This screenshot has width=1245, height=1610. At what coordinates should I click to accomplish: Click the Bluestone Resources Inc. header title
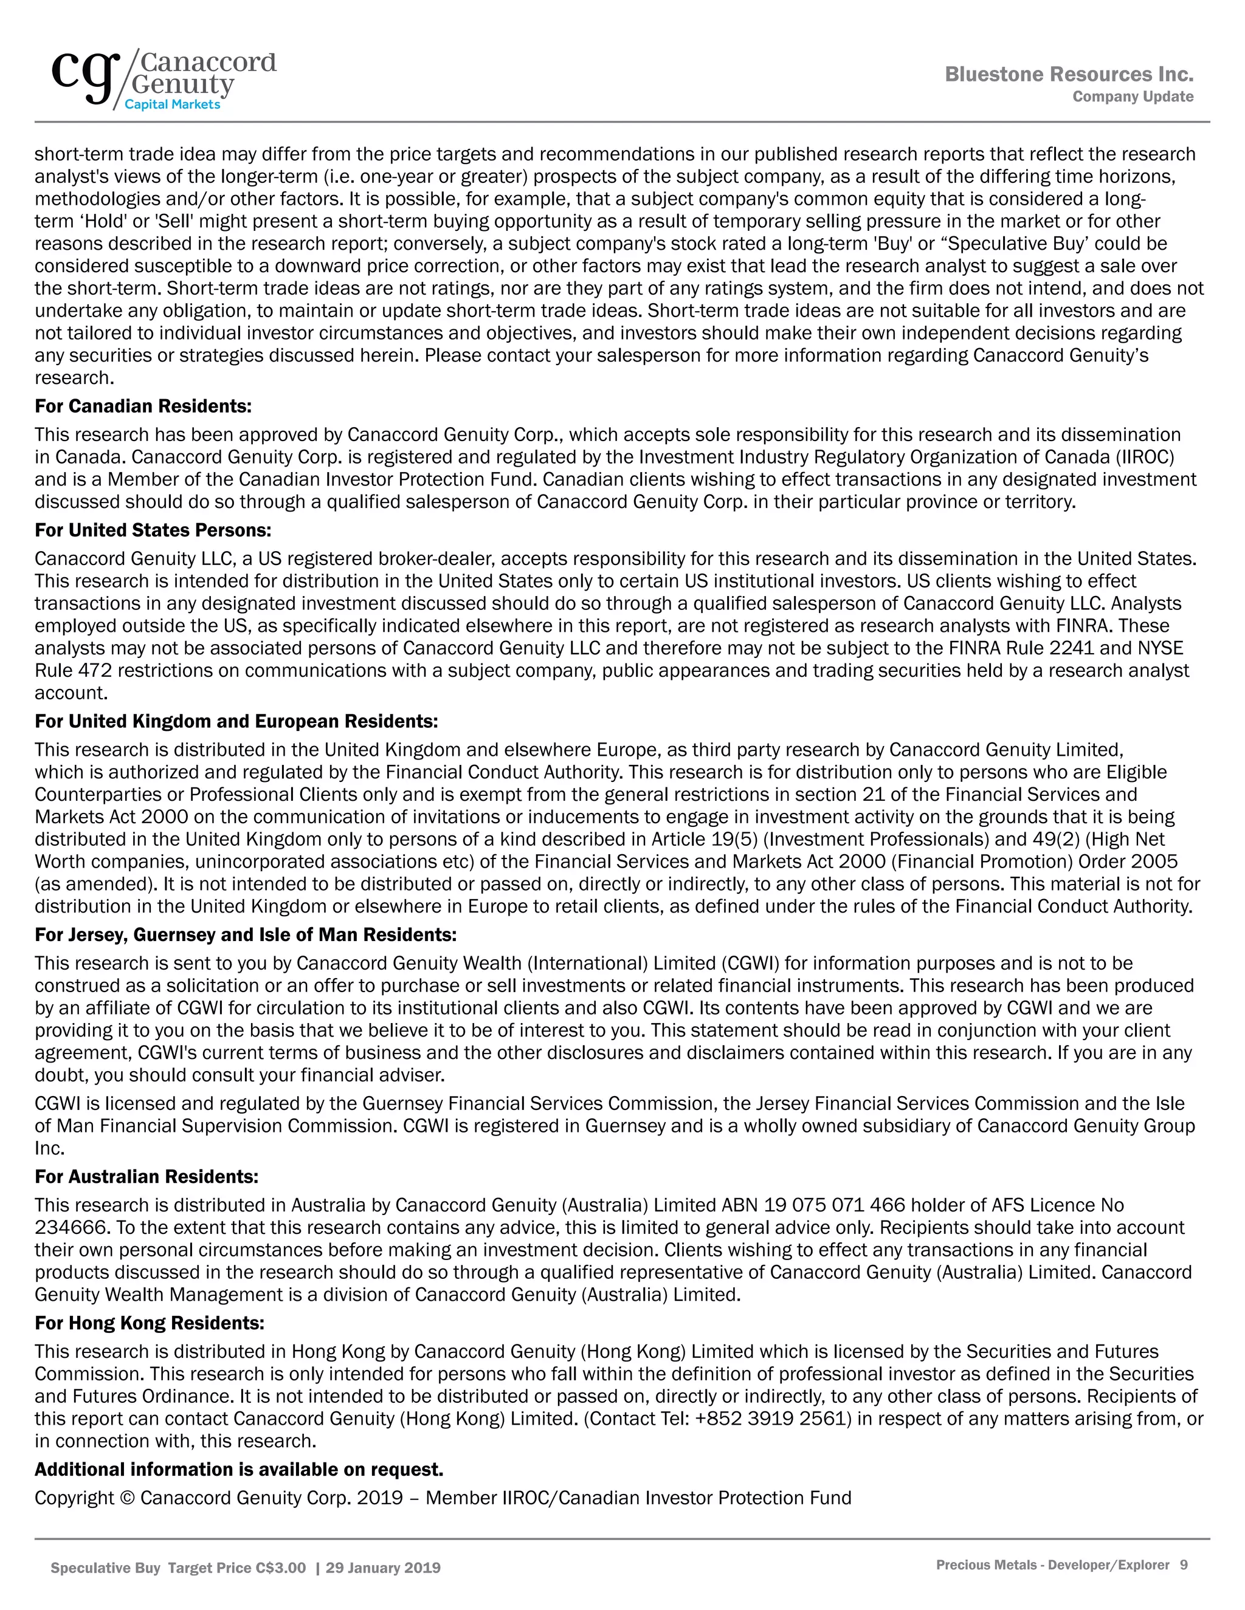(1069, 75)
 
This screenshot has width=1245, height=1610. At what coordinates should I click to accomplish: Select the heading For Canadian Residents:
(143, 406)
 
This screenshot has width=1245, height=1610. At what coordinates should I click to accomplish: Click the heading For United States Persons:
(153, 530)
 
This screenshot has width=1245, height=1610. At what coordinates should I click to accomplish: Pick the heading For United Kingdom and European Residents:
(236, 721)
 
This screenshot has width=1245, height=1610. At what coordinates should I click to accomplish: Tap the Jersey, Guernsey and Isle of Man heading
(246, 935)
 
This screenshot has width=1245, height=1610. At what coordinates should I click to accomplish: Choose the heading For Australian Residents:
(146, 1177)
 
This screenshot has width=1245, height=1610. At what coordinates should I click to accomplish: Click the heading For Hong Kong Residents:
(149, 1323)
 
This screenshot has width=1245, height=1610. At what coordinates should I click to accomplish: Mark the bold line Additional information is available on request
(239, 1469)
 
